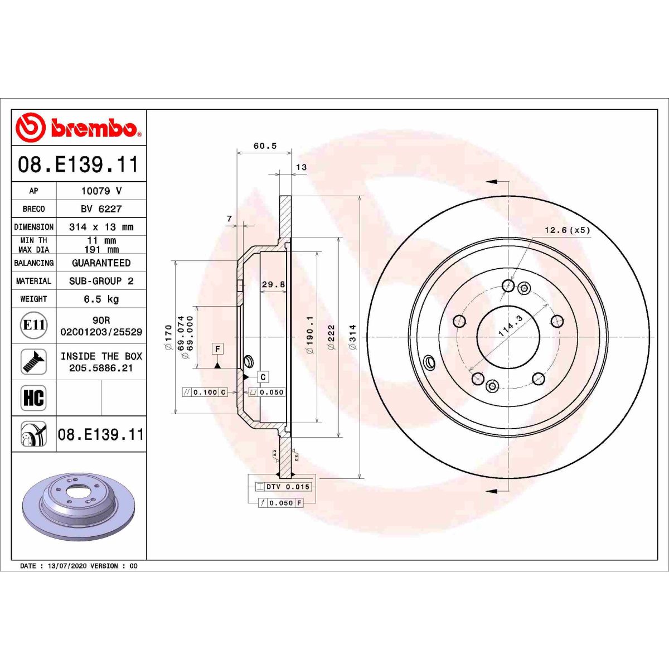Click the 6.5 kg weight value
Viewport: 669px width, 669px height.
101,299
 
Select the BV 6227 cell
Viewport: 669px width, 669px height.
101,209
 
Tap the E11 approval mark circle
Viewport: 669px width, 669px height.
34,325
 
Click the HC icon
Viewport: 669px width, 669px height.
33,398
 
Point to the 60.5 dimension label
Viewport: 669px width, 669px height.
265,146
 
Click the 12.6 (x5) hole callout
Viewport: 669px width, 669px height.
567,230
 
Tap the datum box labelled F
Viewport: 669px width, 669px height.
217,350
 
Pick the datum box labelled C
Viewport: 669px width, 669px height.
263,377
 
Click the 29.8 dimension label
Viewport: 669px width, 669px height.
273,284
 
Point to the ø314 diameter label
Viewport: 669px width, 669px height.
352,337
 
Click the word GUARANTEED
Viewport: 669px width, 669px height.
101,263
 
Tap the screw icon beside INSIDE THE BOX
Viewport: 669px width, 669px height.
34,362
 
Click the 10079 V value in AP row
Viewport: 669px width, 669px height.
101,191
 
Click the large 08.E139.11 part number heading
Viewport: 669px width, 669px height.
78,164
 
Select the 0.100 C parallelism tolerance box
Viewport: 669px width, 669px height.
205,392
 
